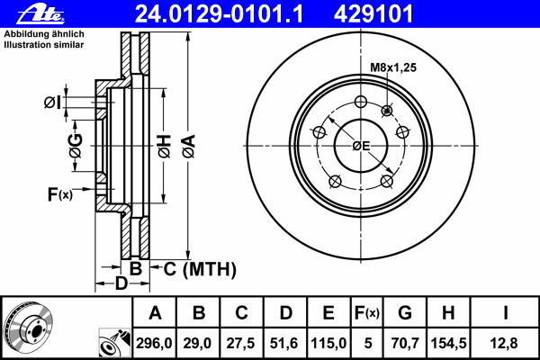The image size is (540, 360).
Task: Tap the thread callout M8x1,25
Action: click(x=393, y=67)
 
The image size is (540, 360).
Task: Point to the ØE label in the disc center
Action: click(x=361, y=146)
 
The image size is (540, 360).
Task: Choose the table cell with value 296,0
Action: click(x=155, y=343)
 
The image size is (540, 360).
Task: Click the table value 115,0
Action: click(x=328, y=343)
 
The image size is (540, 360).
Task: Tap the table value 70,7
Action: click(x=403, y=343)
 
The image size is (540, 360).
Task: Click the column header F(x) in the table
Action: click(x=367, y=313)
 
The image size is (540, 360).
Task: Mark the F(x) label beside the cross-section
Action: click(x=59, y=193)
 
